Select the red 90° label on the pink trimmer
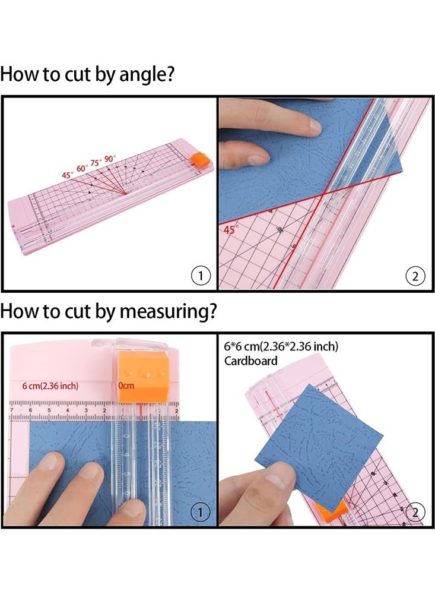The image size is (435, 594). point(110,160)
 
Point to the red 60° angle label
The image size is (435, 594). point(81,169)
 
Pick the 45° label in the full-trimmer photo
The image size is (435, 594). point(66,175)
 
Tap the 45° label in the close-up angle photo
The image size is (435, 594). point(231,228)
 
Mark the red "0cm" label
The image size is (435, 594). point(126,386)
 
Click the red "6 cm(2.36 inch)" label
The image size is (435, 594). point(50,386)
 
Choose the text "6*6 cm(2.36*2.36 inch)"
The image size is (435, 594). point(282,347)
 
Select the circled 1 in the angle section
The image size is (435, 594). point(201,275)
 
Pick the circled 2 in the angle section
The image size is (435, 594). point(415,275)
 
